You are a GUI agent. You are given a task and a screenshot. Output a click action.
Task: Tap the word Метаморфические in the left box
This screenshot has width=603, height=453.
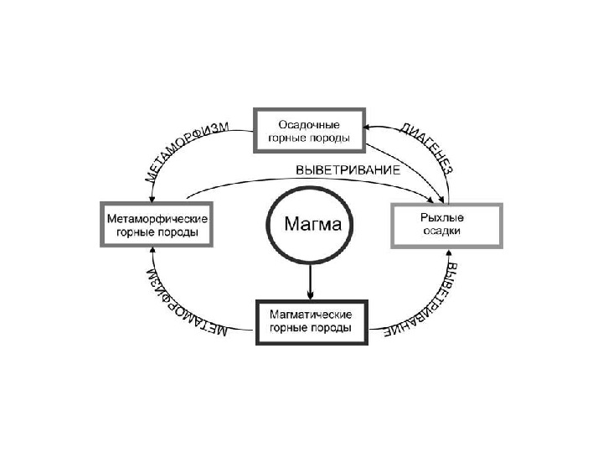click(x=157, y=218)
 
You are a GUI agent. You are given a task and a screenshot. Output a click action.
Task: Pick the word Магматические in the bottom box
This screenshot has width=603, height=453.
click(x=310, y=313)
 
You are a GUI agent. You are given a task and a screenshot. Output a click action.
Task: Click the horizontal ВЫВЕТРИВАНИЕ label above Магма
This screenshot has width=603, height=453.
click(x=348, y=169)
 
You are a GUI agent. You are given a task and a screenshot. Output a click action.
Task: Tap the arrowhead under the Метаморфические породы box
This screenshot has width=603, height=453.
click(x=152, y=252)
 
